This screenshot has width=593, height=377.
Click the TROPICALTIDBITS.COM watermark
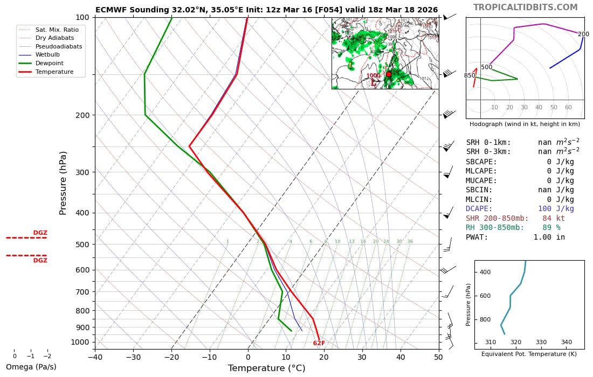tap(525, 8)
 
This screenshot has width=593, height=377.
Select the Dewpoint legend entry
tap(51, 63)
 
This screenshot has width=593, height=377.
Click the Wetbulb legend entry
tap(47, 55)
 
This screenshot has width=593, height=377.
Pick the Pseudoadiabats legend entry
tap(59, 46)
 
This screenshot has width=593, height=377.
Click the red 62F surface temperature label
tap(319, 343)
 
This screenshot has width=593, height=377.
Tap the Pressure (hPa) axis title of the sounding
tap(63, 183)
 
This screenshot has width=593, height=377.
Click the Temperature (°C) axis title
tap(266, 368)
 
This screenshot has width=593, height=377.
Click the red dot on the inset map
tap(389, 74)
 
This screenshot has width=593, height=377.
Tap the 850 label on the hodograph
tap(470, 76)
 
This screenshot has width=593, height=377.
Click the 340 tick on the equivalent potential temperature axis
tap(567, 342)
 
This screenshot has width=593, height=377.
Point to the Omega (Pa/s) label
tap(31, 367)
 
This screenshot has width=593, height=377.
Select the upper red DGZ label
tap(40, 233)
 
